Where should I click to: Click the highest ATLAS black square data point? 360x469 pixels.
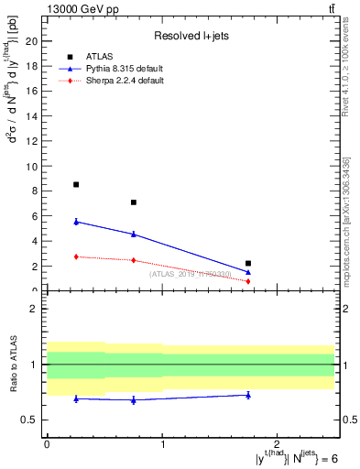tap(76, 184)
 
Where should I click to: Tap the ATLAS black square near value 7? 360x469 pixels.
tap(134, 202)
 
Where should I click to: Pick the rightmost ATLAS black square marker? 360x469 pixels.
tap(248, 263)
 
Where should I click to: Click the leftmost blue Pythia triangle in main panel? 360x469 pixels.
tap(76, 222)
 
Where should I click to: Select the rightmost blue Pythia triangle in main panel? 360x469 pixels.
tap(248, 272)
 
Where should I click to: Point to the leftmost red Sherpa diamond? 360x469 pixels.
tap(76, 256)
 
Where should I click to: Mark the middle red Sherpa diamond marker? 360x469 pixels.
tap(134, 260)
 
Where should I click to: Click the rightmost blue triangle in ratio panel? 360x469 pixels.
tap(248, 395)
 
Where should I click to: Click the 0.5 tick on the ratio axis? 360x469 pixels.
tap(31, 420)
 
